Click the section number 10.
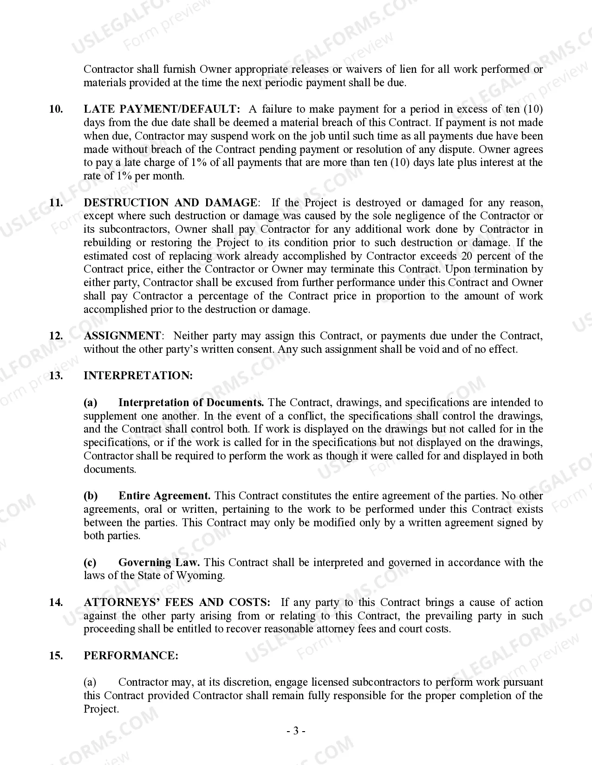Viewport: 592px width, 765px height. pyautogui.click(x=56, y=109)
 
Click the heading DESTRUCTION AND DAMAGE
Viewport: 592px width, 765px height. pyautogui.click(x=170, y=203)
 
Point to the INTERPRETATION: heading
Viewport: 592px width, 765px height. pyautogui.click(x=138, y=376)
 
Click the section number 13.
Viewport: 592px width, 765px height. pyautogui.click(x=56, y=376)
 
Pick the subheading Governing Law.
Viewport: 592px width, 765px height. pyautogui.click(x=159, y=563)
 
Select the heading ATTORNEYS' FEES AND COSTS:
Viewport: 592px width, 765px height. pyautogui.click(x=177, y=603)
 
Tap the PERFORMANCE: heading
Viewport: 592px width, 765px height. pyautogui.click(x=131, y=656)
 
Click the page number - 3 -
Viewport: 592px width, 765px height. pyautogui.click(x=296, y=732)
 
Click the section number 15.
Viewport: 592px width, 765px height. pyautogui.click(x=56, y=656)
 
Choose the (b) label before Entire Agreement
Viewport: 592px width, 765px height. pyautogui.click(x=91, y=496)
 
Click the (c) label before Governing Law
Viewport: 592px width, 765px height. pyautogui.click(x=90, y=563)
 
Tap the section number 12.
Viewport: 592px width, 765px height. pyautogui.click(x=56, y=336)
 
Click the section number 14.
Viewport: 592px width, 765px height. pyautogui.click(x=56, y=603)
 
